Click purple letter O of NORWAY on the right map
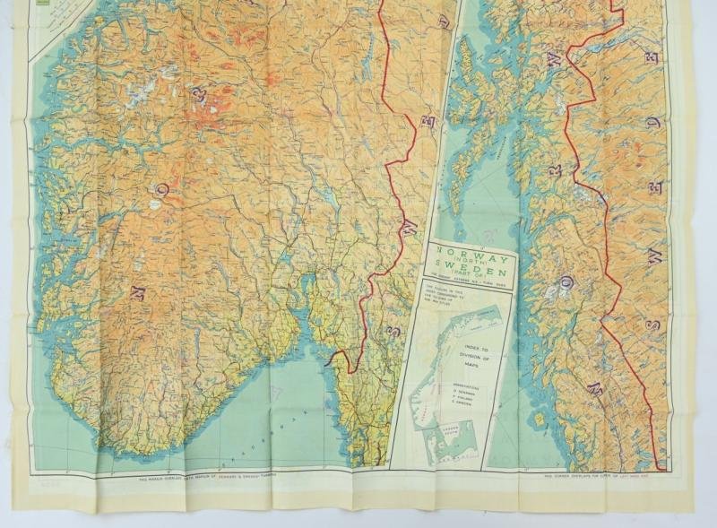tap(566, 285)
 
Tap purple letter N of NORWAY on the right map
tap(594, 388)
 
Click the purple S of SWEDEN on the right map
tap(655, 325)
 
